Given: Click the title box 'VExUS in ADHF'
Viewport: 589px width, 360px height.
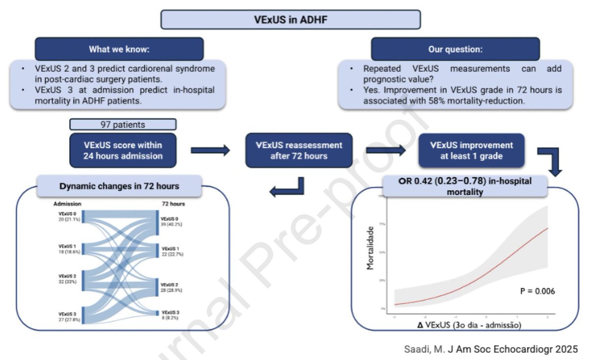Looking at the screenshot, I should [x=291, y=21].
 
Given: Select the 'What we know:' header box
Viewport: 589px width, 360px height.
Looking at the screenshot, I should [x=119, y=49].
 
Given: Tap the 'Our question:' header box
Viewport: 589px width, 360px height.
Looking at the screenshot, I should [x=455, y=49].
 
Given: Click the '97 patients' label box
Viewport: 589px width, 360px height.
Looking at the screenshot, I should [x=123, y=125].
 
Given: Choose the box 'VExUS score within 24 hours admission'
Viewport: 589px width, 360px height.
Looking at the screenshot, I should [x=123, y=151].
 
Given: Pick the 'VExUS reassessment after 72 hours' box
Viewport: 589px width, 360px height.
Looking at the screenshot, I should [x=299, y=151].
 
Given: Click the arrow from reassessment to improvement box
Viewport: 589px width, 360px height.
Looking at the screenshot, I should [x=386, y=151].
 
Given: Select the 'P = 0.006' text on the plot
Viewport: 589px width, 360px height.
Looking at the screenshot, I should [x=537, y=291].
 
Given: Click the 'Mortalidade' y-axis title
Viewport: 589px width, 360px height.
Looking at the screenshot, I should [x=372, y=248].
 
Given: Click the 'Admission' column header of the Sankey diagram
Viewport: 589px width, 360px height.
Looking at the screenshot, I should [x=67, y=204].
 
